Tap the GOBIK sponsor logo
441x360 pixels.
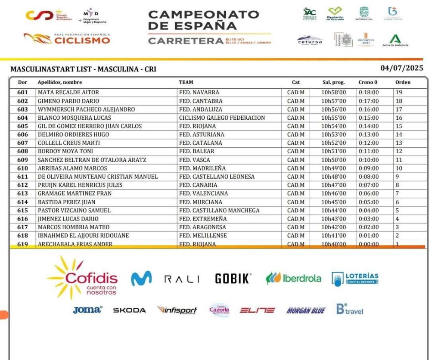(233, 279)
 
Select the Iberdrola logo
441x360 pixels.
(294, 278)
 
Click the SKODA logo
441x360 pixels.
(129, 310)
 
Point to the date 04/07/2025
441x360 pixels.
(402, 68)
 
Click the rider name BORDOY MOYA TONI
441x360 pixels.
(65, 151)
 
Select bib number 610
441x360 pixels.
(22, 168)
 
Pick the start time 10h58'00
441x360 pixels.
(334, 92)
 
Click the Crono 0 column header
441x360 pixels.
(368, 82)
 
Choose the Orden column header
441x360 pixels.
(403, 82)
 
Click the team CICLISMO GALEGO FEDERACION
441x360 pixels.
(222, 118)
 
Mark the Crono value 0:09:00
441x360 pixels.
(369, 168)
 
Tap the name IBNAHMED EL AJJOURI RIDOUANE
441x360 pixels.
(83, 236)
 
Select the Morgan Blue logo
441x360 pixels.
(306, 310)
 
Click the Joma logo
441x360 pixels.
(88, 310)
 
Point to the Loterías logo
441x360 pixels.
(355, 279)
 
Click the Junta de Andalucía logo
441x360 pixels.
(395, 41)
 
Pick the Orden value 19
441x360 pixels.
(399, 92)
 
